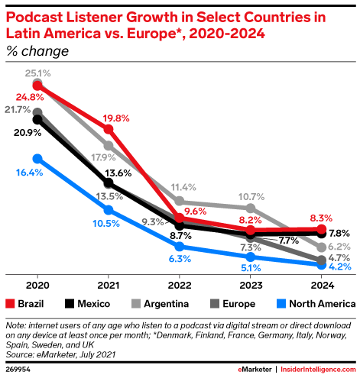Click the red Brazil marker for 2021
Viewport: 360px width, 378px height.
tap(109, 129)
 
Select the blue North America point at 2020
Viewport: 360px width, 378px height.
tap(37, 159)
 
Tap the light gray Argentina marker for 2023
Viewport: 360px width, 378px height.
tap(251, 208)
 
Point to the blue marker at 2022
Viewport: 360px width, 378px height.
tap(180, 247)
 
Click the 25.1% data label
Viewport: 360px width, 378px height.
tap(37, 73)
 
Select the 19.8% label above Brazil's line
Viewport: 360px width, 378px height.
tap(116, 118)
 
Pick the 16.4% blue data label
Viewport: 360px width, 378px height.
tap(29, 173)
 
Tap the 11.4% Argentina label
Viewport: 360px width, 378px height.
tap(183, 188)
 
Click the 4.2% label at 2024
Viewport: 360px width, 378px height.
tap(340, 267)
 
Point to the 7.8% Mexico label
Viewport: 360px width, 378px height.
tap(339, 233)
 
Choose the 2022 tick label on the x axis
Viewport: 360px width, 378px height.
tap(180, 286)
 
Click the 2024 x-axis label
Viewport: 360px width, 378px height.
tap(323, 286)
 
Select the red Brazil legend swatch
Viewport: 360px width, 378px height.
tap(10, 304)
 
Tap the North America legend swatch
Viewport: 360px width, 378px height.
tap(281, 304)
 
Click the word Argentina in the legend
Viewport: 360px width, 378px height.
tap(167, 304)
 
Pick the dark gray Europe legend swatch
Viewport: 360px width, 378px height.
tap(215, 304)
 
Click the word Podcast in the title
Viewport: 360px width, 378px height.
tap(34, 18)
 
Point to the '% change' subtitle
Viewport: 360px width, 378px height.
tap(37, 51)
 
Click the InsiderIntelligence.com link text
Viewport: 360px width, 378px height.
tap(318, 370)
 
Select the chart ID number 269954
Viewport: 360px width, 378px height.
tap(18, 370)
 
